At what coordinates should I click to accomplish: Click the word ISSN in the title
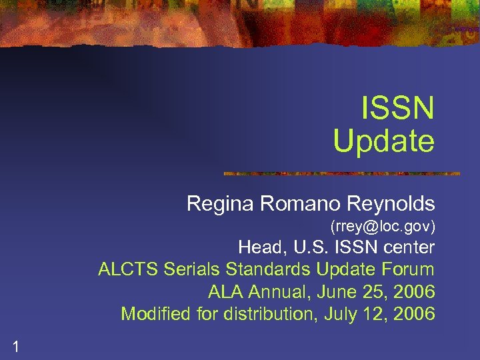point(397,109)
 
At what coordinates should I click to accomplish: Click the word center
point(408,248)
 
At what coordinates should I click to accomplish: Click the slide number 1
point(15,345)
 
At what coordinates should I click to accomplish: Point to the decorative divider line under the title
point(341,173)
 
